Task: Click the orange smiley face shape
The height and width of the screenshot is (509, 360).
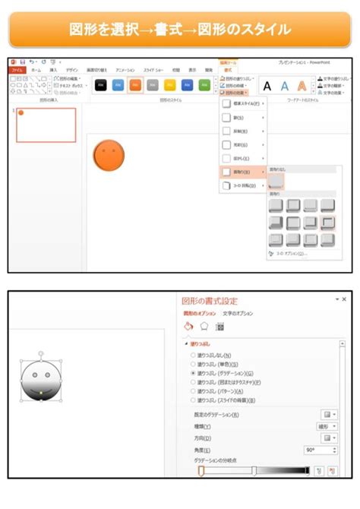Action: [x=109, y=154]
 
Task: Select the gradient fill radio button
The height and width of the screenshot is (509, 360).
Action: [x=192, y=374]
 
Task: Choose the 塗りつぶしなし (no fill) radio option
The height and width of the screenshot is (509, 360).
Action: [x=192, y=356]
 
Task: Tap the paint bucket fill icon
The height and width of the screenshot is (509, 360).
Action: [x=188, y=327]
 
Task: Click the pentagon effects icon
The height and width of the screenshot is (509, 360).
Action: [x=204, y=327]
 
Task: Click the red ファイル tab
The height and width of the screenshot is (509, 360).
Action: [x=17, y=69]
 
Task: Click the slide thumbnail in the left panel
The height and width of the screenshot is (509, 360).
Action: [x=46, y=125]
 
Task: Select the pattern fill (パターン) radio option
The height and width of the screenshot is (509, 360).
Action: [x=192, y=392]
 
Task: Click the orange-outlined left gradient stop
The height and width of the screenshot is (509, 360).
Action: [x=201, y=471]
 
